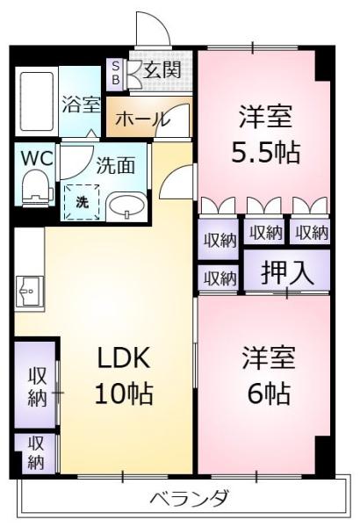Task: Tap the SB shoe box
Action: click(x=115, y=75)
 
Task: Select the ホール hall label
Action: click(x=140, y=119)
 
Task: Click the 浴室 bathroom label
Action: click(x=81, y=105)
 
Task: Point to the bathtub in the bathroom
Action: click(x=37, y=102)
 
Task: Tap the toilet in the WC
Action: click(x=37, y=187)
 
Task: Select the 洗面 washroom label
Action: click(x=115, y=165)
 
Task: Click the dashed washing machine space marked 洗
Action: click(x=82, y=202)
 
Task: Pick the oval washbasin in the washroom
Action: click(x=126, y=206)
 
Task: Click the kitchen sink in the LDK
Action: click(x=30, y=291)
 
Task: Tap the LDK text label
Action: click(x=123, y=358)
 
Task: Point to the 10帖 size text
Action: click(x=124, y=393)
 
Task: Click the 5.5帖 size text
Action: click(x=265, y=153)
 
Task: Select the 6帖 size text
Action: click(x=269, y=393)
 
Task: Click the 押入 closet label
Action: click(x=288, y=272)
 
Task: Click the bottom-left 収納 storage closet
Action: click(x=35, y=452)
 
